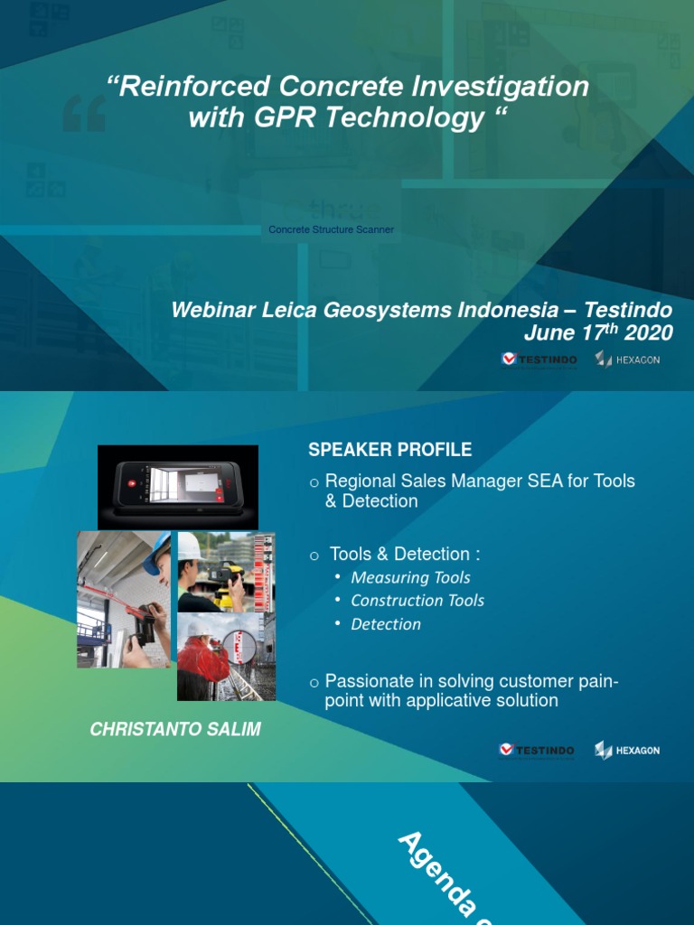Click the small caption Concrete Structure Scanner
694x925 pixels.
click(x=331, y=229)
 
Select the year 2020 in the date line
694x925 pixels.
click(x=649, y=333)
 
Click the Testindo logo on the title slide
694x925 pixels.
click(x=539, y=360)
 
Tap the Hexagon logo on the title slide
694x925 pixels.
click(x=627, y=360)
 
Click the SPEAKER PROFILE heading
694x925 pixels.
click(x=389, y=450)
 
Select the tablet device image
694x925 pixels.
click(x=178, y=486)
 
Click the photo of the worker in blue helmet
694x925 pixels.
click(x=124, y=599)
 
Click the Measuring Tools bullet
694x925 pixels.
click(x=410, y=577)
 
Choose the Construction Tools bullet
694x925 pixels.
click(x=417, y=601)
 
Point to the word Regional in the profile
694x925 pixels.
click(x=360, y=481)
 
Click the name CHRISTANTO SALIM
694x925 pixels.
click(x=175, y=730)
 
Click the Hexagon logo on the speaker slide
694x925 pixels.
click(x=627, y=751)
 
